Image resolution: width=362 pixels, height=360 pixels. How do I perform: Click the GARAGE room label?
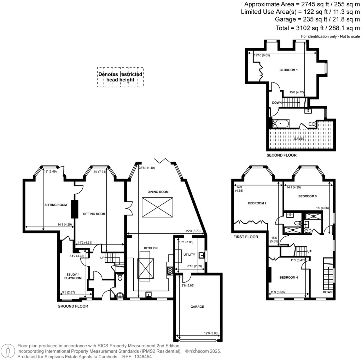pyautogui.click(x=197, y=307)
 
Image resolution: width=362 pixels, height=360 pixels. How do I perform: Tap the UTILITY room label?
pyautogui.click(x=189, y=254)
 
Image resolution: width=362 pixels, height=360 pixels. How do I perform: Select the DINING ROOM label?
pyautogui.click(x=158, y=192)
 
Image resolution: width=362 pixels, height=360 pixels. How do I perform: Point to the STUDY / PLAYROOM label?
pyautogui.click(x=74, y=276)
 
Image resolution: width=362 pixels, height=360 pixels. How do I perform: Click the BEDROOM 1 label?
pyautogui.click(x=288, y=70)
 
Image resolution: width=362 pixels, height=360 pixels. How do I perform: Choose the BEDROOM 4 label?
pyautogui.click(x=288, y=277)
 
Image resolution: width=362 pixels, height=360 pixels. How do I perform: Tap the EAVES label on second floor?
pyautogui.click(x=299, y=139)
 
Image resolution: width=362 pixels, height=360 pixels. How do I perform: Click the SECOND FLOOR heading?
pyautogui.click(x=282, y=155)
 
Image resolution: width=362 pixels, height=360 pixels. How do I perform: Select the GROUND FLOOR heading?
pyautogui.click(x=73, y=306)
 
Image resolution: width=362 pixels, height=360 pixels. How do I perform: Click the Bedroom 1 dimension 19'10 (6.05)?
pyautogui.click(x=262, y=55)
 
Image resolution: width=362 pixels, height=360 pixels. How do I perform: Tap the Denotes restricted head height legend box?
pyautogui.click(x=121, y=77)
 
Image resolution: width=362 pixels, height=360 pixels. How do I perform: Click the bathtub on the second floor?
pyautogui.click(x=281, y=124)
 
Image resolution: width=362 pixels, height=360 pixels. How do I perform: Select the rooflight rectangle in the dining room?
pyautogui.click(x=158, y=207)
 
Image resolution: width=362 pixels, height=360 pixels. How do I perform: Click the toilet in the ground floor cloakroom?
pyautogui.click(x=120, y=278)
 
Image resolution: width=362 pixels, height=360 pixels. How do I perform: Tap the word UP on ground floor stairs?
pyautogui.click(x=103, y=258)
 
